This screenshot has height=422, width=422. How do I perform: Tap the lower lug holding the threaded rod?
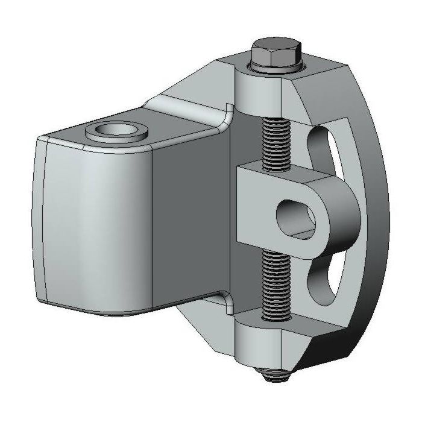pyautogui.click(x=256, y=344)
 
